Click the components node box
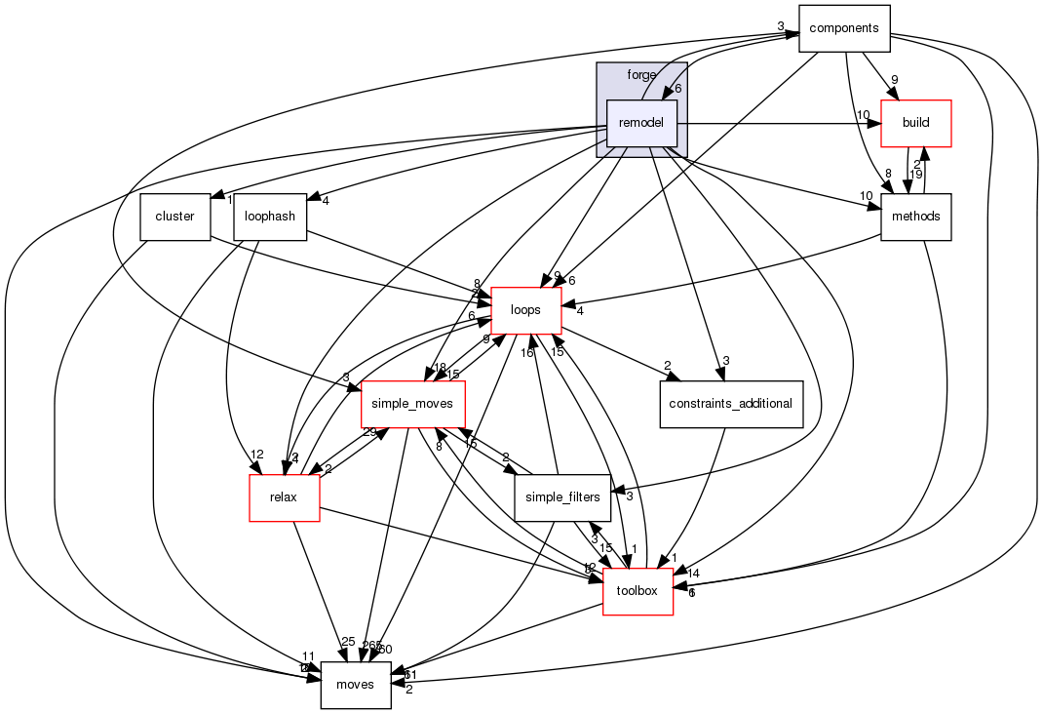click(844, 28)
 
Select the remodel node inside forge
click(642, 124)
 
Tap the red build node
click(915, 123)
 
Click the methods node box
click(915, 217)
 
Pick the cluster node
click(175, 217)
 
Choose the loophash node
click(270, 217)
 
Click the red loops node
click(526, 310)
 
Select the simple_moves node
click(412, 404)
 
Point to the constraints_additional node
click(730, 404)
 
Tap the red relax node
click(285, 497)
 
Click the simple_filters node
click(562, 497)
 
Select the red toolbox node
click(637, 591)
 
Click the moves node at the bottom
click(356, 685)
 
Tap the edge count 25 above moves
click(348, 641)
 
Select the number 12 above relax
click(257, 455)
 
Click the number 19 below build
click(915, 177)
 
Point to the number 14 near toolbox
click(693, 573)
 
